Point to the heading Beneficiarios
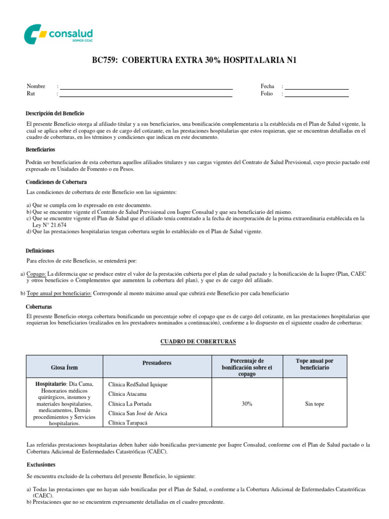coord(41,150)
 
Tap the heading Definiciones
coord(40,250)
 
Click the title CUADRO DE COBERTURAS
coord(198,342)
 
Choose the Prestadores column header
coord(157,363)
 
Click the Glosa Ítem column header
coord(64,367)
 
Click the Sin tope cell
coord(315,404)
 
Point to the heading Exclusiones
coord(41,464)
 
